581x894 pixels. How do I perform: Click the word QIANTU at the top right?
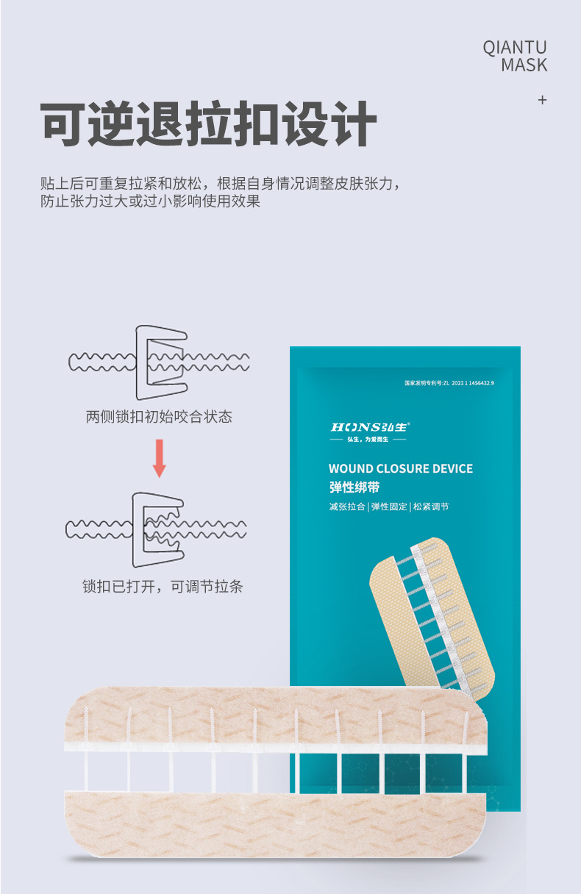click(x=515, y=48)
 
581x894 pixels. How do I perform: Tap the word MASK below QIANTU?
click(x=524, y=65)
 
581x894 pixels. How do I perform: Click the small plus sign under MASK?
click(x=543, y=100)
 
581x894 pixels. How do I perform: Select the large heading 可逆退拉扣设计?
click(x=209, y=124)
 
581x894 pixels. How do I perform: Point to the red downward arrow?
click(x=159, y=459)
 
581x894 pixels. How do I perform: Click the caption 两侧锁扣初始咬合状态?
click(x=159, y=417)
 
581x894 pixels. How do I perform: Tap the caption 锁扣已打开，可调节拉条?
click(x=163, y=586)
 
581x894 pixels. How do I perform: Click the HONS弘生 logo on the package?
click(x=370, y=427)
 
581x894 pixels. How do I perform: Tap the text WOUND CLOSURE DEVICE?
click(x=400, y=468)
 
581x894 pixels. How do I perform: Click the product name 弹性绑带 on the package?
click(x=354, y=487)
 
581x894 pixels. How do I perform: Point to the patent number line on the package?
click(x=449, y=383)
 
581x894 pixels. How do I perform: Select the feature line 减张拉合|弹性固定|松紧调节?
click(x=388, y=507)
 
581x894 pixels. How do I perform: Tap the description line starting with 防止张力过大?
click(x=150, y=201)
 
